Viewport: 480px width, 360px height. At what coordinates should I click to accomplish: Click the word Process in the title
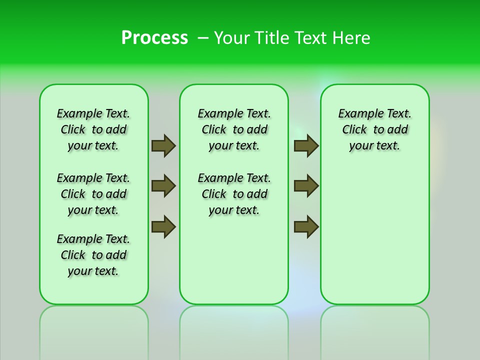click(x=154, y=37)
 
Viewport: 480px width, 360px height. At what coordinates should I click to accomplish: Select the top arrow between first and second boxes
click(x=163, y=145)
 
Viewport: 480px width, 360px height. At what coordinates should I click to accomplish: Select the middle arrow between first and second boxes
click(x=163, y=186)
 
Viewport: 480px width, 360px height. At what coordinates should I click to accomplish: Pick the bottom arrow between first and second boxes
click(x=163, y=226)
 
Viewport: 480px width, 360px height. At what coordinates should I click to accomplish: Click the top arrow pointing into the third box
click(x=306, y=145)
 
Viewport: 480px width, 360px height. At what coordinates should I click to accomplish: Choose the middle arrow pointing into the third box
click(x=306, y=186)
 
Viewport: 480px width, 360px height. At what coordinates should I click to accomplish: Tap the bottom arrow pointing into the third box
click(x=306, y=226)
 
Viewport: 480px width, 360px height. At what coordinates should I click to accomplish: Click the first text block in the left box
click(x=93, y=129)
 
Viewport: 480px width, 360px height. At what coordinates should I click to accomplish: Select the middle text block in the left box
click(x=93, y=194)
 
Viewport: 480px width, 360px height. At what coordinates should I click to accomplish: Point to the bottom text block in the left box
click(x=93, y=255)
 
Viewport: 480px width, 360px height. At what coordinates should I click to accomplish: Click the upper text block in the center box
click(x=234, y=129)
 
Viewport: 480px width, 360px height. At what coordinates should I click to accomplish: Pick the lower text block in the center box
click(x=234, y=194)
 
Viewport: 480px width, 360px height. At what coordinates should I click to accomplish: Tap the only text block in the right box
click(x=374, y=129)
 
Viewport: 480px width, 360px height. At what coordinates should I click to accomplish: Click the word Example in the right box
click(x=356, y=113)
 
